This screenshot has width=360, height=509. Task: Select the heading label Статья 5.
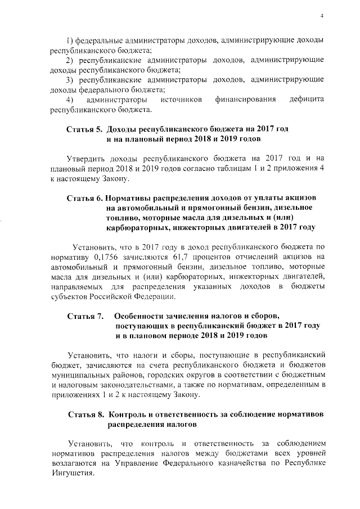coord(84,129)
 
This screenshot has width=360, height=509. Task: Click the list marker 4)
coord(72,100)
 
